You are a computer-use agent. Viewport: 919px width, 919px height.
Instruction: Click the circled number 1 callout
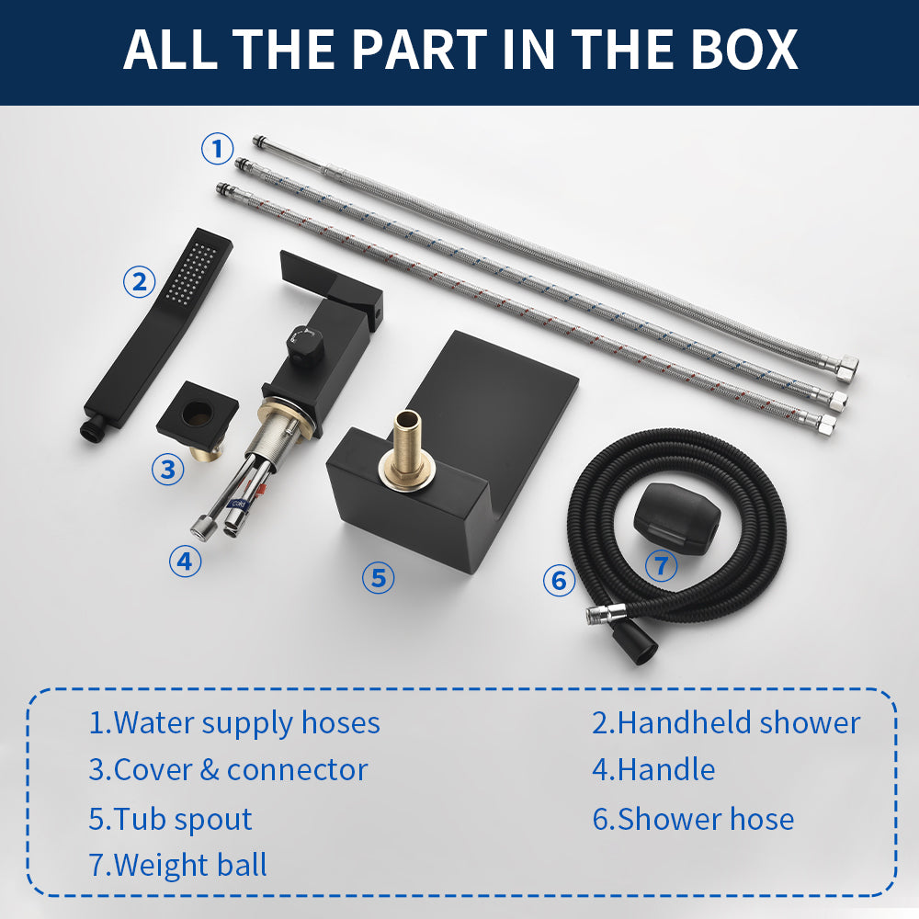(x=218, y=148)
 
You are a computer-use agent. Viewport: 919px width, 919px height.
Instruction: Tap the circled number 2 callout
(x=140, y=281)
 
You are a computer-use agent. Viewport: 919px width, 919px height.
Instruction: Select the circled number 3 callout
(x=168, y=469)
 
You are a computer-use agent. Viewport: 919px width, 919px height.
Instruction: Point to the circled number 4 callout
(x=186, y=561)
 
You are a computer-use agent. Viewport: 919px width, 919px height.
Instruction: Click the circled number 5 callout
(x=378, y=577)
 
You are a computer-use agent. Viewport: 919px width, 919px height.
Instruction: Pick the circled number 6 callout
(x=559, y=580)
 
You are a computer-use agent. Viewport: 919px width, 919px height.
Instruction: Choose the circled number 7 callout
(x=661, y=565)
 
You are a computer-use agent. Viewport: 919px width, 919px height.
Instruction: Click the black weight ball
(x=677, y=516)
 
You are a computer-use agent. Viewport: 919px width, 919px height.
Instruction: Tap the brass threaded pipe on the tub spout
(x=405, y=448)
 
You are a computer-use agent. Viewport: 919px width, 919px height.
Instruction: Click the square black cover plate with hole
(x=198, y=414)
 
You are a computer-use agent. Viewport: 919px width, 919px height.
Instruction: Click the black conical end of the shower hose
(x=634, y=643)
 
